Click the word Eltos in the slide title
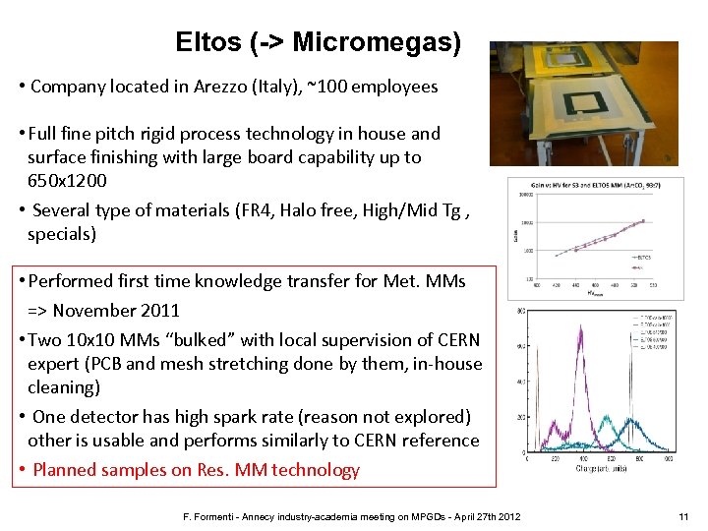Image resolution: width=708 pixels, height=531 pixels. [x=207, y=42]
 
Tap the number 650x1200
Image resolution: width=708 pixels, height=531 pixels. [x=68, y=181]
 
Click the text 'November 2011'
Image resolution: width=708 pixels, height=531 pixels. [x=116, y=311]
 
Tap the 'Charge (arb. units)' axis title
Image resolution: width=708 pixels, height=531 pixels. [x=601, y=468]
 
